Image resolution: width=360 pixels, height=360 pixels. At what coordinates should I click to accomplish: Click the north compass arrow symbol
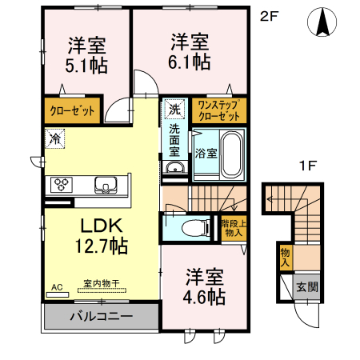(x=324, y=22)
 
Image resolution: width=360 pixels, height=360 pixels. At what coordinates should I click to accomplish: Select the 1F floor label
(x=305, y=166)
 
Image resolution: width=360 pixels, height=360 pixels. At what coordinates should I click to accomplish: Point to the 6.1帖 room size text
(x=190, y=60)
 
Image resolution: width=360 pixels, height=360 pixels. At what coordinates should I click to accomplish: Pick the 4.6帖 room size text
(x=205, y=297)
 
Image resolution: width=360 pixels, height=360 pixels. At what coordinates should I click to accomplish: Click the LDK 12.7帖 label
(x=101, y=235)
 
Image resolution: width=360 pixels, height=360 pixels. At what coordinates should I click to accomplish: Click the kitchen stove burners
(x=62, y=186)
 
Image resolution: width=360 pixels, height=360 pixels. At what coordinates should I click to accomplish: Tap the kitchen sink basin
(x=106, y=186)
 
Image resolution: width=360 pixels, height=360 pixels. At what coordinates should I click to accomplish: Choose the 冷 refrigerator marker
(x=54, y=138)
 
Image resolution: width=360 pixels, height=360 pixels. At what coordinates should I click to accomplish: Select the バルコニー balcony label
(x=100, y=316)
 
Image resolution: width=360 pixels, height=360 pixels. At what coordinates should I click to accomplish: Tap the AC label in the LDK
(x=56, y=286)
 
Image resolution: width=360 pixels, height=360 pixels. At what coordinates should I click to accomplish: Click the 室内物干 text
(x=102, y=282)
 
